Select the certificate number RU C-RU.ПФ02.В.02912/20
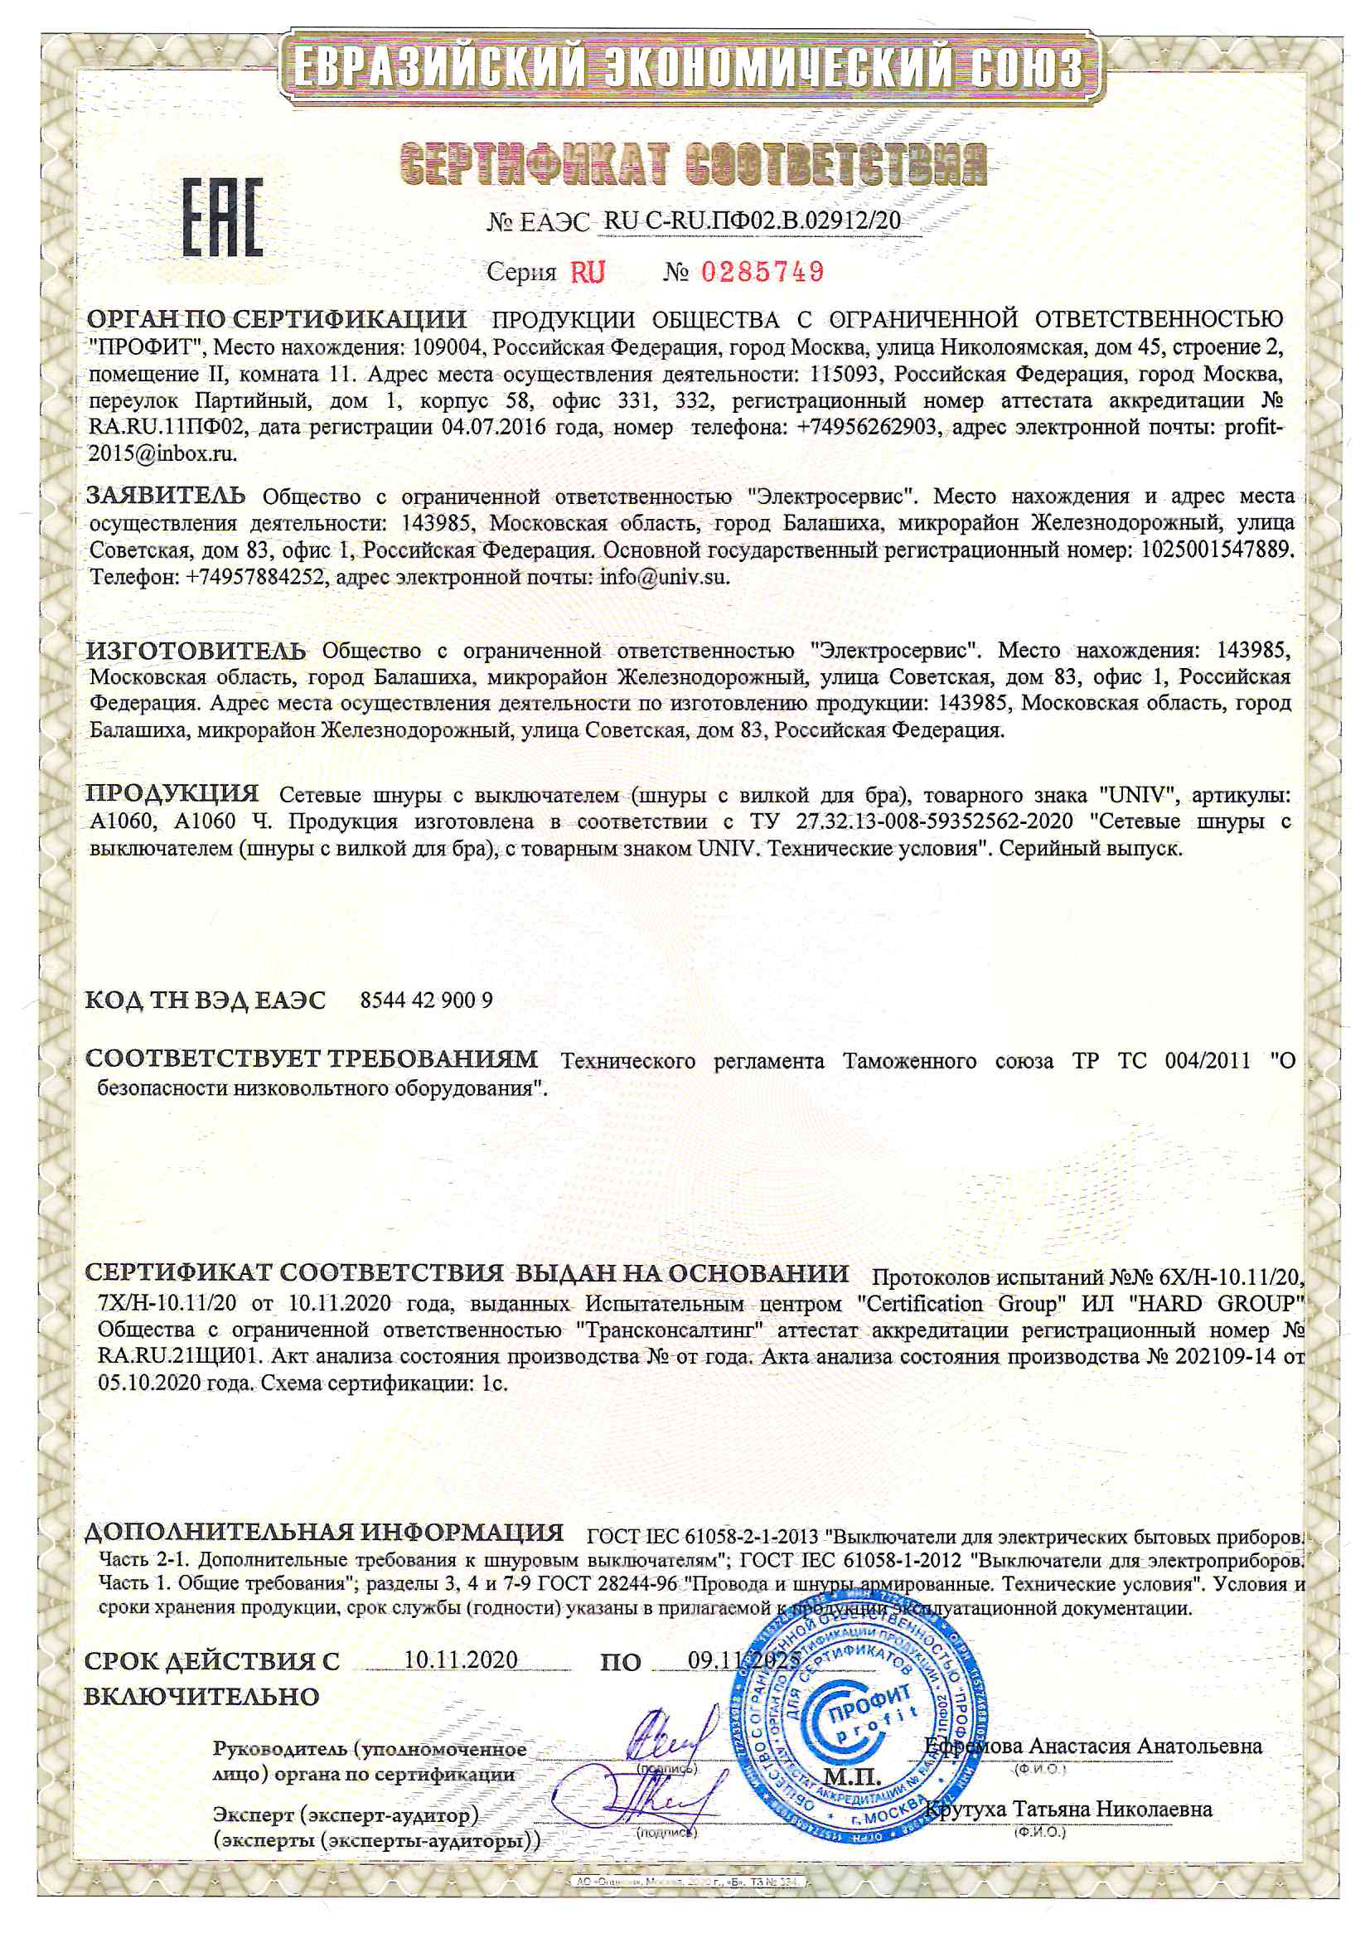tap(752, 220)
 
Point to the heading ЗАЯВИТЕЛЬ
tap(167, 495)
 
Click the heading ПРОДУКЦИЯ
tap(173, 793)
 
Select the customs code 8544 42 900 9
tap(426, 1000)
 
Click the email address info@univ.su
tap(663, 579)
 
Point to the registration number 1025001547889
tap(1216, 550)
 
